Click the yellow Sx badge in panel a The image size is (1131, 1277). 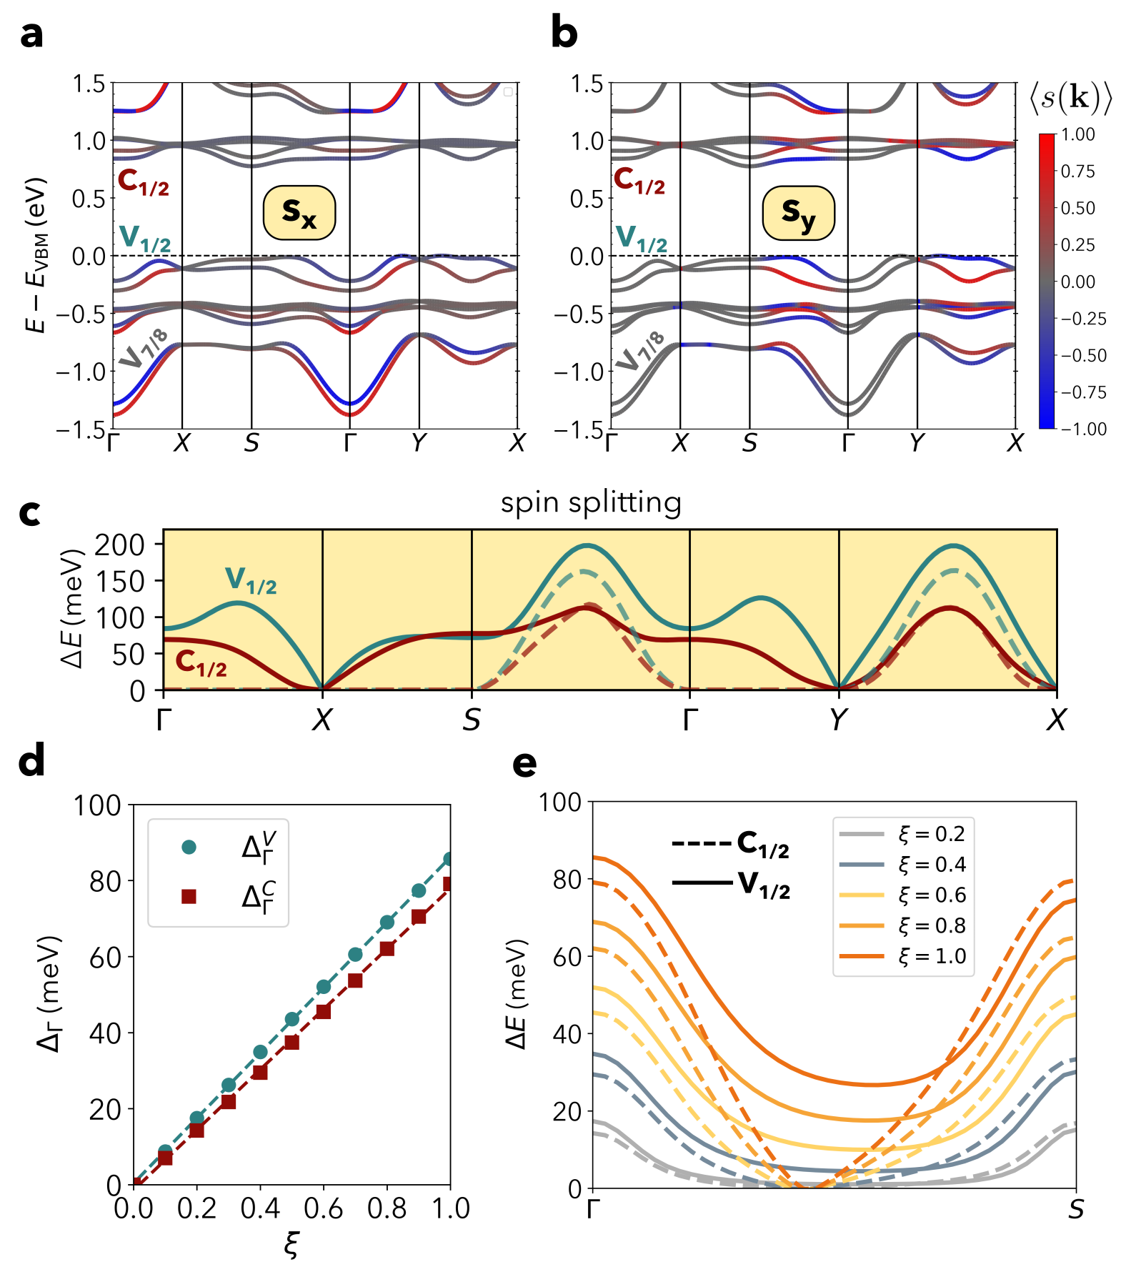coord(299,212)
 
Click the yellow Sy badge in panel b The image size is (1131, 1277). coord(798,212)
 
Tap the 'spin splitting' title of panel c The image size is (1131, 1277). coord(591,502)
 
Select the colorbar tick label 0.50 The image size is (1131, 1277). coord(1077,208)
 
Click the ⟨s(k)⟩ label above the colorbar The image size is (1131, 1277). coord(1070,98)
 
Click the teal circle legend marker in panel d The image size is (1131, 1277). coord(189,847)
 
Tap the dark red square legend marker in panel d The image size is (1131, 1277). coord(189,896)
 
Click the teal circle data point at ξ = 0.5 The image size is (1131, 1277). coord(292,1019)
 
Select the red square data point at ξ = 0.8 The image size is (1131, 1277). coord(387,949)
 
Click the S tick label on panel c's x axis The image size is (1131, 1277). coord(472,720)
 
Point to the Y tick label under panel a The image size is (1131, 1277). coord(419,444)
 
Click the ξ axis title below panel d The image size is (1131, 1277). coord(291,1244)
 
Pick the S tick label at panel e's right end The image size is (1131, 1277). coord(1075,1210)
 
